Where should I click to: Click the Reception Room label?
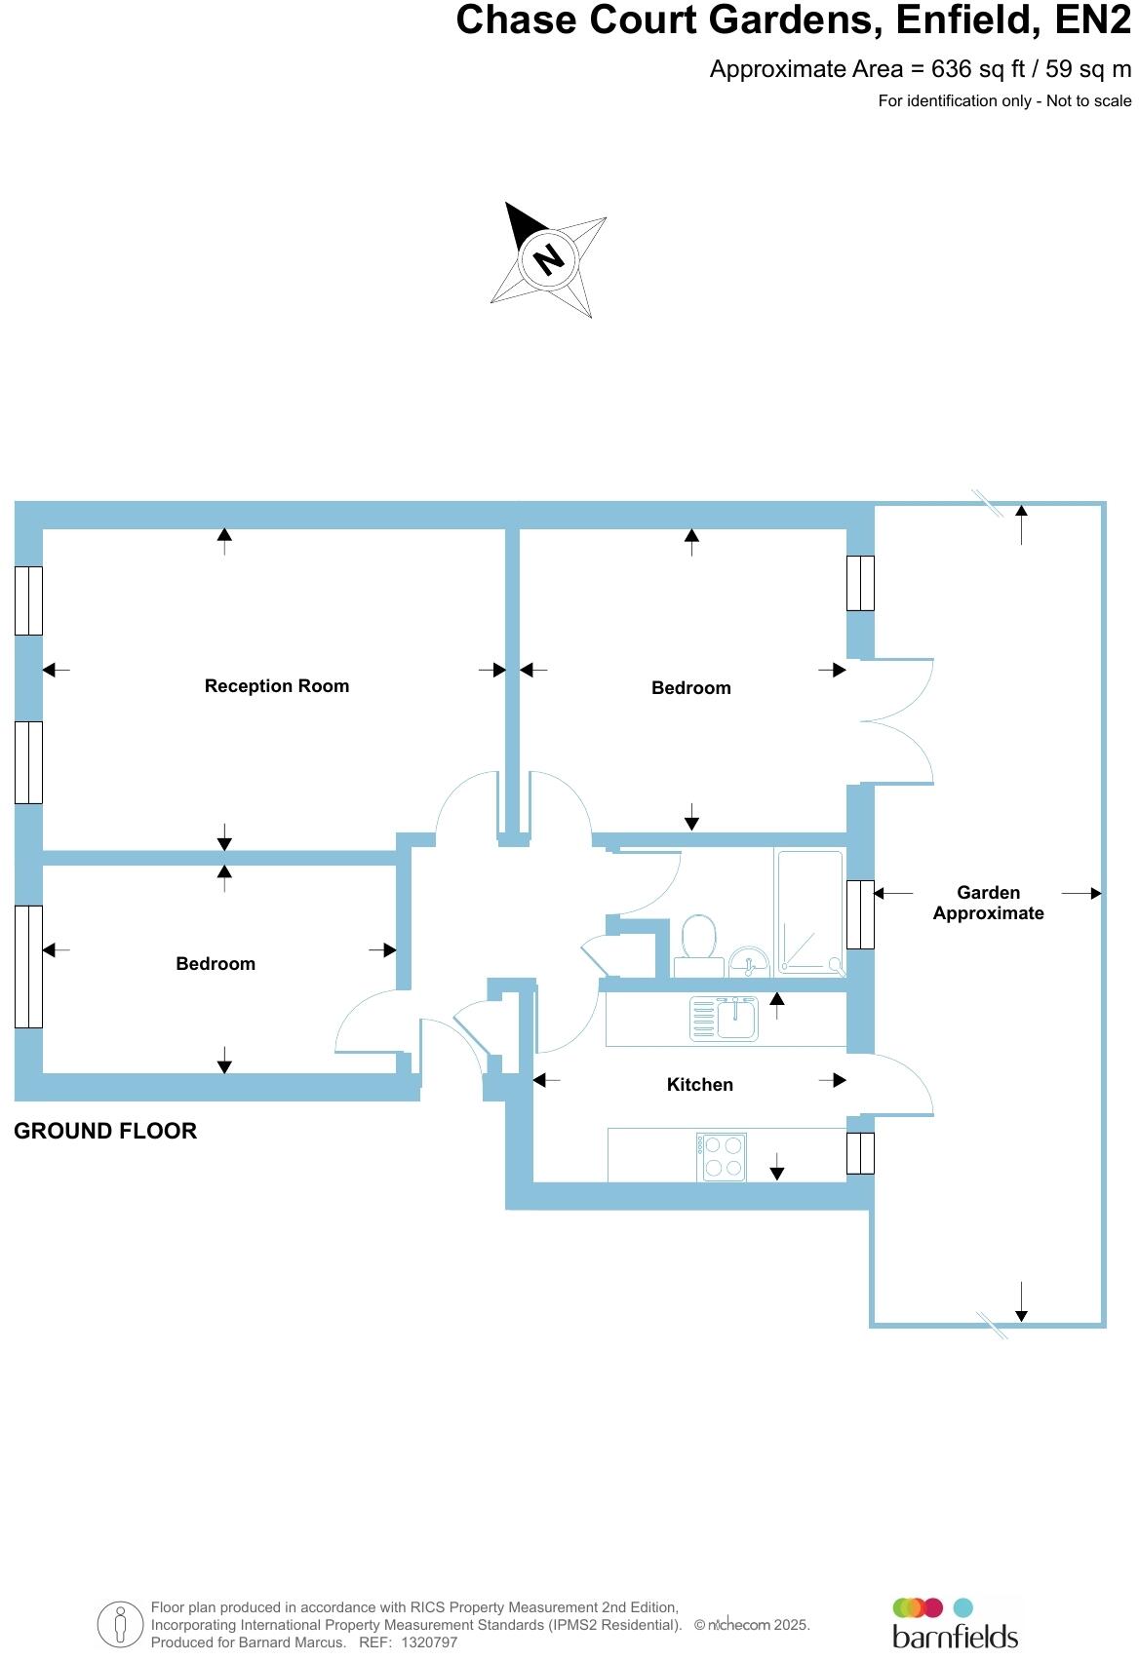[277, 686]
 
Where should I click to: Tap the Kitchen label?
[699, 1084]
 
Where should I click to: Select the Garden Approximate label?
[988, 903]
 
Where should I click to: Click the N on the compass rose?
[549, 259]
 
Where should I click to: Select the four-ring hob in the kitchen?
[722, 1157]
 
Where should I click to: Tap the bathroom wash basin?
[749, 962]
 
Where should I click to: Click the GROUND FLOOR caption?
[105, 1131]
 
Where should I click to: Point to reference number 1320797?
[422, 1642]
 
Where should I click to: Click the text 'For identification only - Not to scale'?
[1004, 100]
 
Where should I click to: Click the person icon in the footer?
[120, 1625]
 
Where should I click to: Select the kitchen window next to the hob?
[860, 1153]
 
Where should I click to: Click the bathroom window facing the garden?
[860, 914]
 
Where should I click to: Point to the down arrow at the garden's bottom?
[1021, 1301]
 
